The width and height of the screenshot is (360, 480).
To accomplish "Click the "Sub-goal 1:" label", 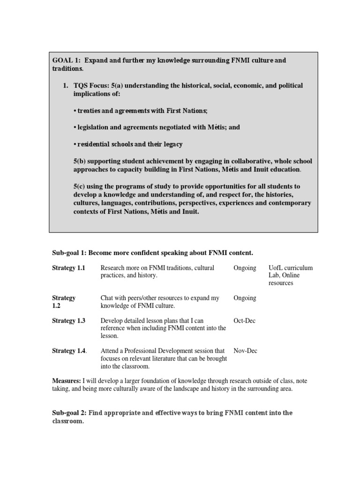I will click(x=69, y=253).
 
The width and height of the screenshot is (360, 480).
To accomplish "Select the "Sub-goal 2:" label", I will click(x=69, y=412).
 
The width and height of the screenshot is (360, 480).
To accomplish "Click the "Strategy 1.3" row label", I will click(x=69, y=321).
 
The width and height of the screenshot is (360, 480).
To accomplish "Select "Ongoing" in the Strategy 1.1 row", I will click(x=245, y=268).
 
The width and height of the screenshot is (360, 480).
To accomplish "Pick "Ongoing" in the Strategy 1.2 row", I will click(x=245, y=298).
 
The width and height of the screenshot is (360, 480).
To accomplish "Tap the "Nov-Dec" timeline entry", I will click(x=245, y=351).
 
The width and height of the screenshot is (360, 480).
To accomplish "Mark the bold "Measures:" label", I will click(x=66, y=381).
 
